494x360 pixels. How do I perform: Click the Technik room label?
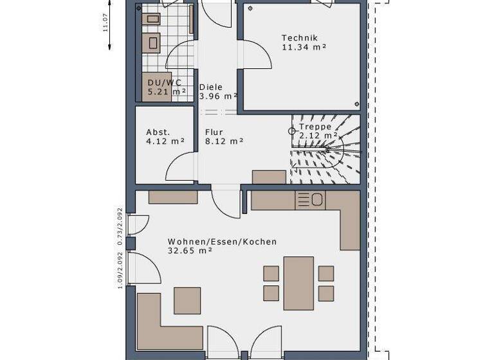click(300, 38)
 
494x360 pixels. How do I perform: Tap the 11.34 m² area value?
click(304, 47)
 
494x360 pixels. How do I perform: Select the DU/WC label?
click(165, 83)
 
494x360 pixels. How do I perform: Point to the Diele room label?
click(212, 87)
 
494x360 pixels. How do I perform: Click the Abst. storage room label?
click(158, 132)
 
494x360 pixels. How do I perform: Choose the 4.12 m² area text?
click(165, 141)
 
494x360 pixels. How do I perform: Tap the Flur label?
click(214, 132)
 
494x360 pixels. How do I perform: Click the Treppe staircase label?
click(315, 127)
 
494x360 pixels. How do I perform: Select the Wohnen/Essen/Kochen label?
click(222, 242)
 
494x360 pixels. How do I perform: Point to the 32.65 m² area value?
click(190, 251)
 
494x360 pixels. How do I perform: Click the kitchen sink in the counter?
click(311, 201)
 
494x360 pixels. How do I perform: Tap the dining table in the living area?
click(298, 283)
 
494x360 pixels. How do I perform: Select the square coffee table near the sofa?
click(187, 300)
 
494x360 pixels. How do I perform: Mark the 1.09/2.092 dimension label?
click(120, 270)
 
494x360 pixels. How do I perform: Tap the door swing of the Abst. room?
click(180, 167)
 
